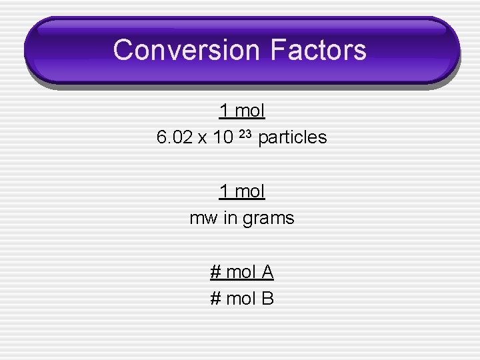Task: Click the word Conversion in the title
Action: [x=187, y=50]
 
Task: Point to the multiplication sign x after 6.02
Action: [x=202, y=138]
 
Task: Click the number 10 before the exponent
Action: [x=223, y=138]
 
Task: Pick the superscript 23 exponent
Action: [x=245, y=134]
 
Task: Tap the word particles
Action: [x=292, y=138]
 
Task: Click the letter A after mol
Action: [x=267, y=272]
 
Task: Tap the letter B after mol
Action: [x=267, y=299]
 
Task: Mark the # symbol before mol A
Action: [x=215, y=272]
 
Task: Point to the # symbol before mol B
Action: [x=215, y=299]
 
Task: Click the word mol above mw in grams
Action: [x=249, y=191]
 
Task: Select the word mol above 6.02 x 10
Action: [x=249, y=111]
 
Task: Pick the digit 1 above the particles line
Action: [x=225, y=111]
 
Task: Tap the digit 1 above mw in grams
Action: [x=225, y=191]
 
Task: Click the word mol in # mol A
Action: [x=241, y=272]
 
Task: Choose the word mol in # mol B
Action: [x=241, y=299]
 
